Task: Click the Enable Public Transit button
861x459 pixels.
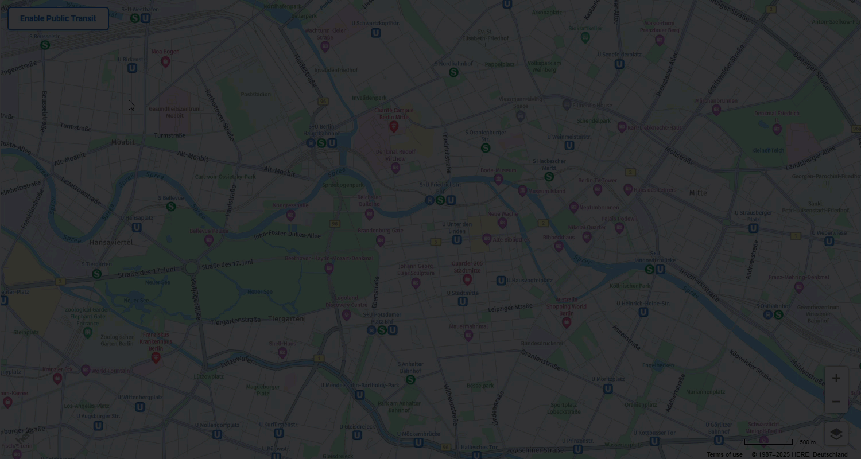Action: [x=58, y=18]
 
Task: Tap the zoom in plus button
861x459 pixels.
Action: [x=836, y=378]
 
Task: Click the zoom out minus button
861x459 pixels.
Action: [x=836, y=402]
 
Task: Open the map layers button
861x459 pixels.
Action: [x=836, y=434]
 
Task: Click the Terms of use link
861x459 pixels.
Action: [x=724, y=454]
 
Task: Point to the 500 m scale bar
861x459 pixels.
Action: [x=769, y=442]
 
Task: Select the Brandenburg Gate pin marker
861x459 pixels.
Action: [x=380, y=240]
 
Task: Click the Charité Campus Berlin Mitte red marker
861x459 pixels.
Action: [x=394, y=126]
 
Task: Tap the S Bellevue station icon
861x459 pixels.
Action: [x=170, y=207]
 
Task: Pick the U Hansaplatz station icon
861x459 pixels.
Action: [x=137, y=227]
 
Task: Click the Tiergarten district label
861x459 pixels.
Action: [x=286, y=318]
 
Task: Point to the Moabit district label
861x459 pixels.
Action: [x=123, y=142]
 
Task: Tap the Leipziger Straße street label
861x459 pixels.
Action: [x=510, y=308]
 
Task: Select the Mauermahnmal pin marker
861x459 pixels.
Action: [x=468, y=336]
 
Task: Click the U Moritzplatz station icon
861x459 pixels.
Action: [x=608, y=388]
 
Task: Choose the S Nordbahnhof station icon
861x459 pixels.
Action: [x=453, y=72]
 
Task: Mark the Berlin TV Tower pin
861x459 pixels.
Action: [x=598, y=189]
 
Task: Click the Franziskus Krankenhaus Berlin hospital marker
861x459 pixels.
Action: [x=156, y=357]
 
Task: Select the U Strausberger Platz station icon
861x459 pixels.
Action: [x=753, y=228]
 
